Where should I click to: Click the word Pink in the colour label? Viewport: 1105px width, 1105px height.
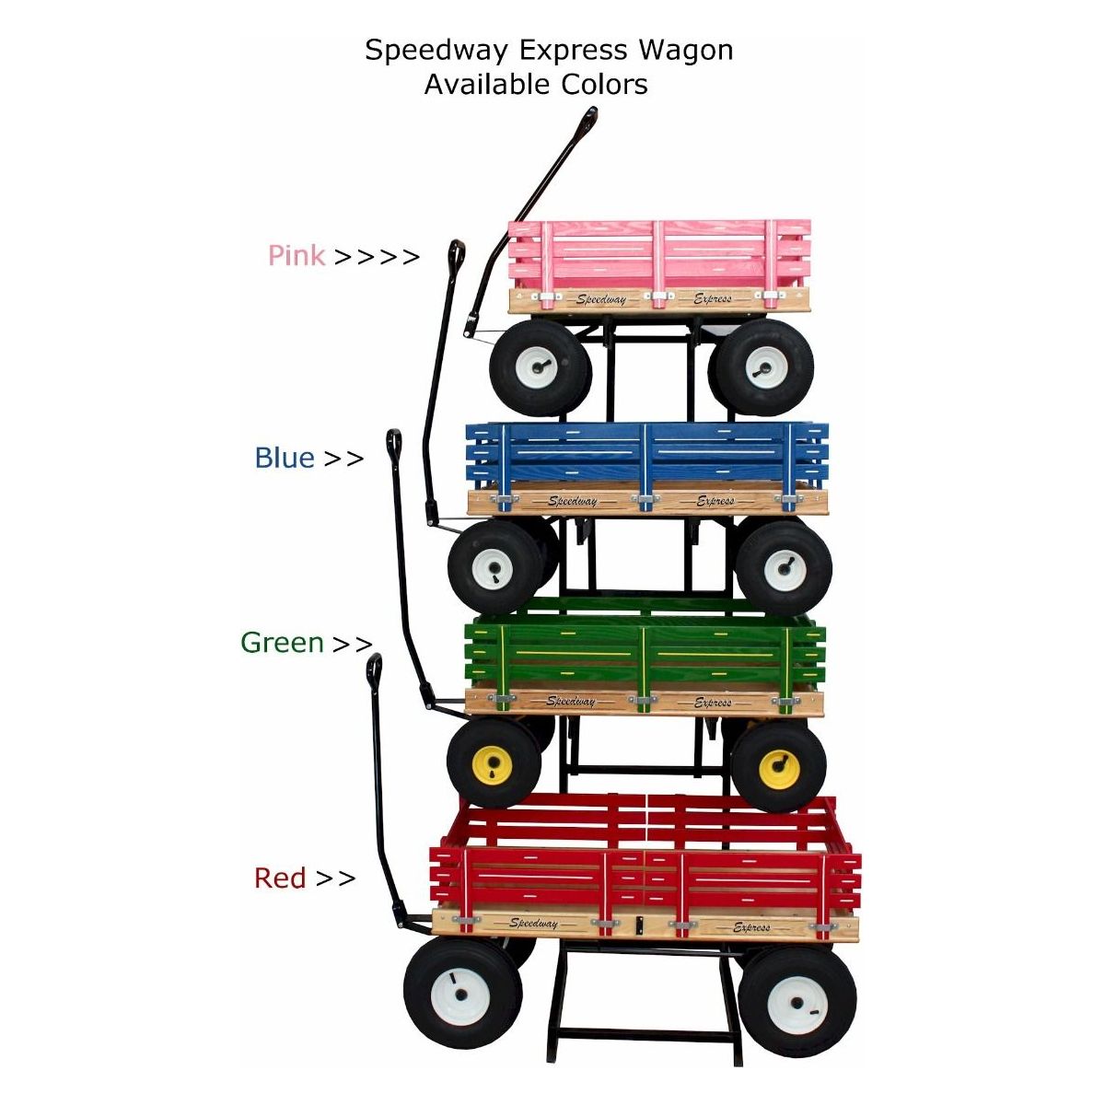(296, 255)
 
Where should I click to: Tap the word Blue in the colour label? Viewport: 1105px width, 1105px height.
(285, 458)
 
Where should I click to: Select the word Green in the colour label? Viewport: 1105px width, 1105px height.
(282, 643)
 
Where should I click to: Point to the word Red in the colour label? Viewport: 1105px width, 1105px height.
(280, 878)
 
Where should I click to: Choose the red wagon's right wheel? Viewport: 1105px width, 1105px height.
(797, 1002)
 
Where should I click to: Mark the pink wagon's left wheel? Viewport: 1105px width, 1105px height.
(540, 367)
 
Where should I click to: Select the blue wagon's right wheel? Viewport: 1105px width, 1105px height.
(784, 567)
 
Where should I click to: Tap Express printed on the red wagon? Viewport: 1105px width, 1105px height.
(751, 927)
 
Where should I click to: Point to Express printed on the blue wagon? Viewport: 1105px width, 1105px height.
(715, 501)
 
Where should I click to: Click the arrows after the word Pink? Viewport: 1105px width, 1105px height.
(376, 257)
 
